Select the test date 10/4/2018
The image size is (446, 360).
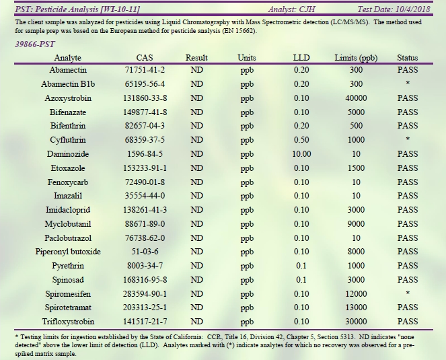tap(404, 9)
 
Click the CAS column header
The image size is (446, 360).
tap(145, 58)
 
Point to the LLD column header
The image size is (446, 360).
tap(301, 58)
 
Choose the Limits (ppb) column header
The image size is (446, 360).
tap(356, 58)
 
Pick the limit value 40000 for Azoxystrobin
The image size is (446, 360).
tap(356, 98)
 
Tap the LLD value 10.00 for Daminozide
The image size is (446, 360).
tap(301, 154)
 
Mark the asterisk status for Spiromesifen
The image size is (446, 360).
tap(407, 295)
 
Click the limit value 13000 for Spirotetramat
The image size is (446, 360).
tap(356, 308)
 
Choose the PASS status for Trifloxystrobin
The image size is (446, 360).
tap(407, 322)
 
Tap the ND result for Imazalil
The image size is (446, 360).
tap(197, 196)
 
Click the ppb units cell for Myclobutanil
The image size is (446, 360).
tap(247, 224)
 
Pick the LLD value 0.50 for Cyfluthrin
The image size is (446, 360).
tap(301, 140)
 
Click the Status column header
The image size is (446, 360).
tap(407, 58)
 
